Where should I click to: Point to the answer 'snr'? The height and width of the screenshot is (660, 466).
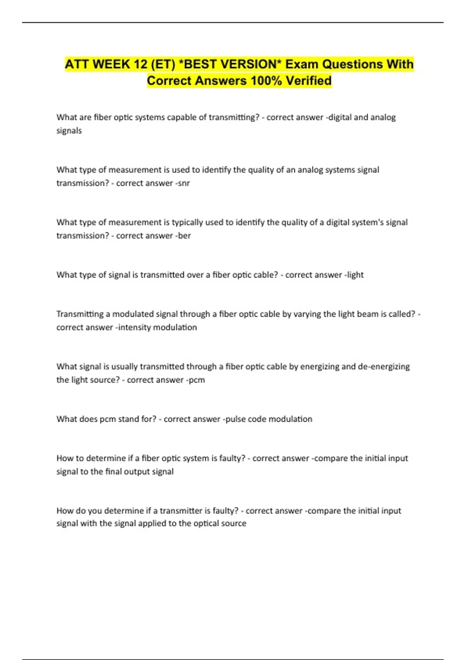(x=184, y=183)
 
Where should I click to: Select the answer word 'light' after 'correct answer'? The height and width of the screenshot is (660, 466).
(x=355, y=275)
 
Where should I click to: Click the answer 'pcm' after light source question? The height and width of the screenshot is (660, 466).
(x=197, y=380)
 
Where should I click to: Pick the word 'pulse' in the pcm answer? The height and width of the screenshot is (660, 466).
(x=235, y=419)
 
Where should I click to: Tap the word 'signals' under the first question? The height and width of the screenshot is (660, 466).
(x=69, y=131)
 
